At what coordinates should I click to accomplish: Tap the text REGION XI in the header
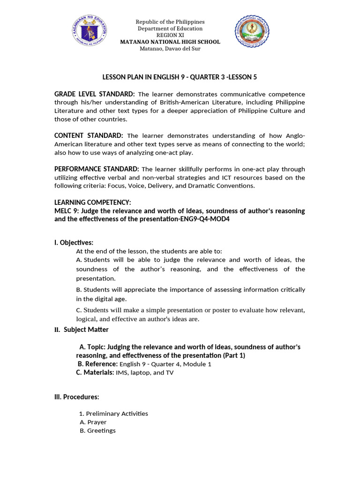coord(170,35)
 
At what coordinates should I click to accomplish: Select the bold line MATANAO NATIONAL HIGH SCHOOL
coord(170,42)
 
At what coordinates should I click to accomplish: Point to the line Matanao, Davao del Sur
coord(170,49)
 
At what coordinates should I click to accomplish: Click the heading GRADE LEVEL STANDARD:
coord(95,94)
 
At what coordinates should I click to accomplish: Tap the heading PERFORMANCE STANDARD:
coord(97,169)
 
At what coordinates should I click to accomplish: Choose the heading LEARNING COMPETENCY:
coord(93,202)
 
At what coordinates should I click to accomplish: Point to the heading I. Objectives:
coord(74,242)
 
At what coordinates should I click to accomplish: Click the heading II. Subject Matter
coord(82,330)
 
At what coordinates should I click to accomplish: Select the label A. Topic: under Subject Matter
coord(92,347)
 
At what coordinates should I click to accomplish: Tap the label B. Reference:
coord(97,364)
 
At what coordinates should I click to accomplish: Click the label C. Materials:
coord(95,373)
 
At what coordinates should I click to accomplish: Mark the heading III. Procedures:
coord(77,397)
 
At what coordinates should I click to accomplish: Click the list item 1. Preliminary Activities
coord(113,413)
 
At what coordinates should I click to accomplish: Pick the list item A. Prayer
coord(93,422)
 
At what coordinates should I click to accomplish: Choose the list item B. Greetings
coord(98,430)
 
